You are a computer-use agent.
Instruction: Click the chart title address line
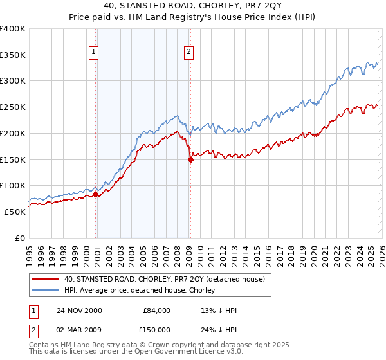pyautogui.click(x=193, y=6)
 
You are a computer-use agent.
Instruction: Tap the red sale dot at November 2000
pyautogui.click(x=96, y=194)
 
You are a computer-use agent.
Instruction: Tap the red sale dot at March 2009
pyautogui.click(x=190, y=159)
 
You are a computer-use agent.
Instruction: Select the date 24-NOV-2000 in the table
pyautogui.click(x=79, y=310)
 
